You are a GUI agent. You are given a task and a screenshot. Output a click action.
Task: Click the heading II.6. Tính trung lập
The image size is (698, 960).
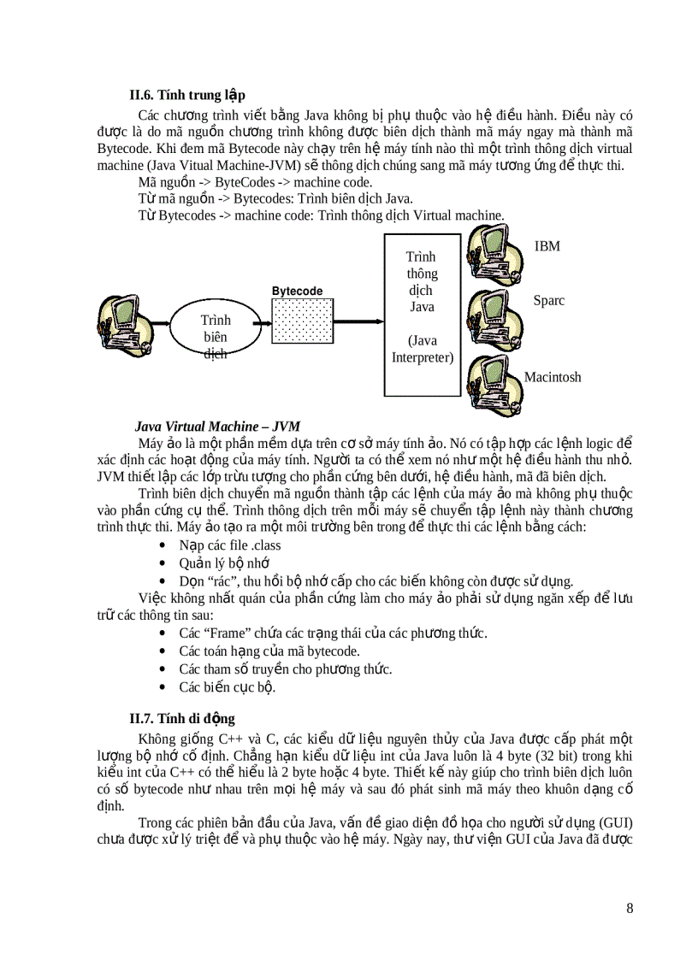click(187, 95)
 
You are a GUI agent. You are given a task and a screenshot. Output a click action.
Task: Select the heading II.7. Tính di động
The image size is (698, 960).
click(181, 718)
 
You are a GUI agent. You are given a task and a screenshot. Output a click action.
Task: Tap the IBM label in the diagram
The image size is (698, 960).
click(547, 246)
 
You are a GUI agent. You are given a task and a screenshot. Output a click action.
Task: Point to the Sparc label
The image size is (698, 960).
click(548, 301)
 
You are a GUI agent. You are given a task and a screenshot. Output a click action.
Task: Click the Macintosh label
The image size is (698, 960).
click(552, 377)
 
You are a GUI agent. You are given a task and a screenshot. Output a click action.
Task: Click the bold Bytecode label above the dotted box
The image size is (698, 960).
click(297, 292)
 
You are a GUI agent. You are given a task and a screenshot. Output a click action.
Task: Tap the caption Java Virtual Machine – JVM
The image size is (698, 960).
click(217, 426)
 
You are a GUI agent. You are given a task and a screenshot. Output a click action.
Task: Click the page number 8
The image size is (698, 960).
click(630, 908)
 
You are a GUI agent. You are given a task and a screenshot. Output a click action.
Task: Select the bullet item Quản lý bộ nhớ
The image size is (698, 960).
click(224, 562)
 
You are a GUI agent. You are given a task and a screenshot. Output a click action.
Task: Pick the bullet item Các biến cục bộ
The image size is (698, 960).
click(227, 686)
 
